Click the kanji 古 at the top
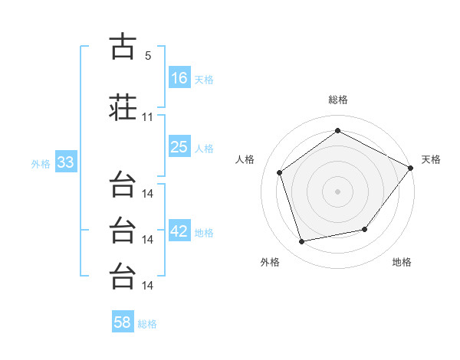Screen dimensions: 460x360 click(123, 46)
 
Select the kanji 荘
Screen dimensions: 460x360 click(123, 107)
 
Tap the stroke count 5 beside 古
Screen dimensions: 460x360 click(148, 56)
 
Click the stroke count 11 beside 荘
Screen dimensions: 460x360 click(147, 117)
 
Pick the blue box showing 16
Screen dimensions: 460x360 click(179, 77)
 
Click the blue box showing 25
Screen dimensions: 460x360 click(179, 146)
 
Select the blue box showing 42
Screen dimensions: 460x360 click(179, 230)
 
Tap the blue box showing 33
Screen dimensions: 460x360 click(66, 162)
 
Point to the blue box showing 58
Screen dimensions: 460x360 click(123, 321)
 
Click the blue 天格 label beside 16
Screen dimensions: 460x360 click(204, 80)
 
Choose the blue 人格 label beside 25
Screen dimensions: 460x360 click(204, 149)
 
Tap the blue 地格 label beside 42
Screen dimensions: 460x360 click(204, 233)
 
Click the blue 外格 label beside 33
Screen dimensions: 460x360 click(41, 164)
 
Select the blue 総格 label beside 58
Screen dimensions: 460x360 click(147, 324)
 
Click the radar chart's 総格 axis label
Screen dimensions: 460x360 click(338, 100)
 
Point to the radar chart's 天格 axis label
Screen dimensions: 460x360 click(431, 159)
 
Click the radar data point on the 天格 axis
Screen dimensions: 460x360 click(410, 168)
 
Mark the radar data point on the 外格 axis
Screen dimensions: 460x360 click(301, 241)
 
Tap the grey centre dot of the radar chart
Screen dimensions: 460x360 click(337, 191)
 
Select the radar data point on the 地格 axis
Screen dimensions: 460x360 click(365, 229)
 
